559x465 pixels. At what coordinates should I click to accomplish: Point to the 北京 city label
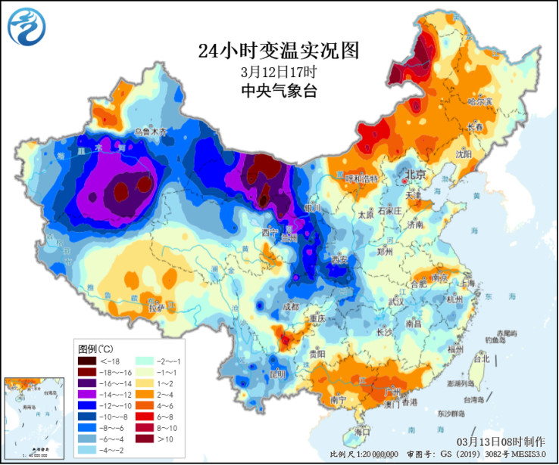(416, 174)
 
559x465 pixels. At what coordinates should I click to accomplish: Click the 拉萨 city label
(156, 308)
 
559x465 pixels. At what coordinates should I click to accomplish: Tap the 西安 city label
(339, 261)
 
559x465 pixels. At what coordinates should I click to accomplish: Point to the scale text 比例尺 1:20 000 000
(364, 454)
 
